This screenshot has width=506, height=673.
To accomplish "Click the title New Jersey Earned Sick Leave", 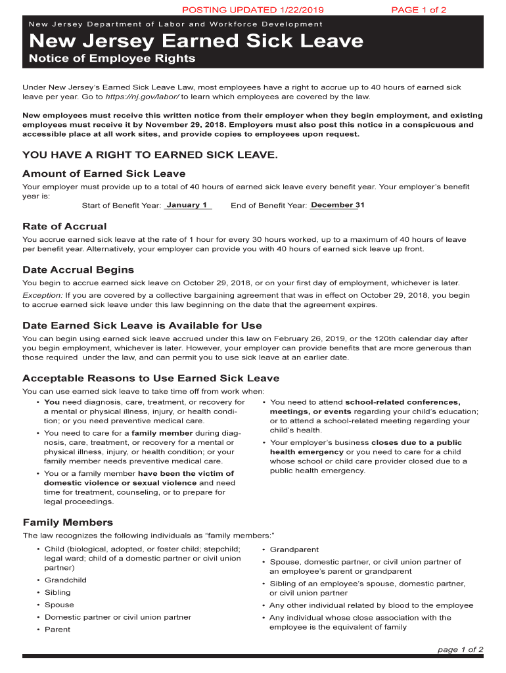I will [196, 41].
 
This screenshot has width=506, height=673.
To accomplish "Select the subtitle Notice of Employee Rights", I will [112, 58].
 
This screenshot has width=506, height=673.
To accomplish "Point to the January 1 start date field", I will [187, 205].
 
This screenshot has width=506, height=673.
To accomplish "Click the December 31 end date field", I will [337, 205].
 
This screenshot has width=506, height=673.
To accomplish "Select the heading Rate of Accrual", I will [64, 227].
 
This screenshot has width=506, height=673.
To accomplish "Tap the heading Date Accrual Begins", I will [78, 270].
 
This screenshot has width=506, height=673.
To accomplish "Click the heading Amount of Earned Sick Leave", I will [104, 174].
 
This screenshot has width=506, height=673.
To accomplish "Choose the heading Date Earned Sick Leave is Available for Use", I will [142, 326].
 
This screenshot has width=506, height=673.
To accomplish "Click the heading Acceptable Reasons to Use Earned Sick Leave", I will [150, 379].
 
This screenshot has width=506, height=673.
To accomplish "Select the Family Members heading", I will [68, 522].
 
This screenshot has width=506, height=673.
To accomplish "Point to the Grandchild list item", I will [65, 580].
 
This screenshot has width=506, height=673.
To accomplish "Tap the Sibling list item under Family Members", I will [58, 593].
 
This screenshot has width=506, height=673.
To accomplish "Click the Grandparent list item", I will [294, 549].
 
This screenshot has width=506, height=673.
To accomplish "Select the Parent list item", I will [57, 630].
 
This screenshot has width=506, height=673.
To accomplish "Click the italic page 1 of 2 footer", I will [460, 650].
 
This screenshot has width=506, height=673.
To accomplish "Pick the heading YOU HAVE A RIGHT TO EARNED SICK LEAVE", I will [150, 155].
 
